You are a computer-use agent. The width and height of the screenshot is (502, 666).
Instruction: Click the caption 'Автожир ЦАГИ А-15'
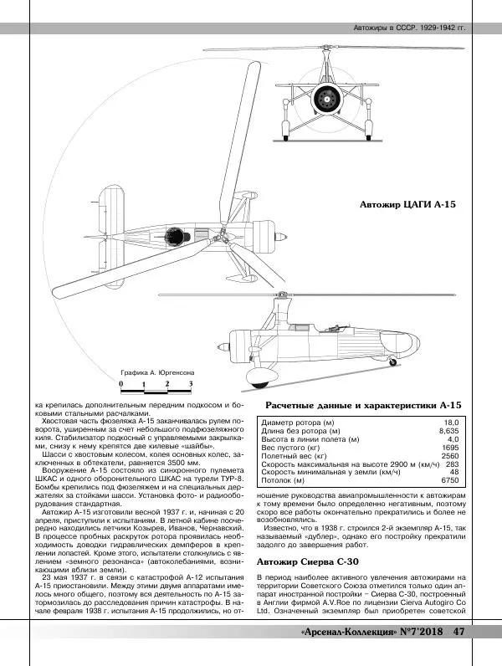click(412, 203)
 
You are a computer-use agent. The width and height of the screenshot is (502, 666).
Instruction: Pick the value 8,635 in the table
click(449, 431)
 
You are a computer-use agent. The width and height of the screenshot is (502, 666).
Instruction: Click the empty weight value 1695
click(450, 448)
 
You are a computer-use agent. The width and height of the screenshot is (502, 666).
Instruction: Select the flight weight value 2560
click(450, 456)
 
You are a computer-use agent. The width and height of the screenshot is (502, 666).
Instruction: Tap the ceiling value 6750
click(450, 481)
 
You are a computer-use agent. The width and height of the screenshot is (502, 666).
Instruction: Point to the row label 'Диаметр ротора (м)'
click(298, 423)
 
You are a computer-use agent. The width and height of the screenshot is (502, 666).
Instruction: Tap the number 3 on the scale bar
click(191, 383)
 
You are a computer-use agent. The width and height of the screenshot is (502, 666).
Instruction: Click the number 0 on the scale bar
click(122, 383)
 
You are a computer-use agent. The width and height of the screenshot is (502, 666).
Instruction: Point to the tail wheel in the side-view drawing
click(393, 361)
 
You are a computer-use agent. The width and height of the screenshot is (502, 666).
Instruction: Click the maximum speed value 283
click(453, 464)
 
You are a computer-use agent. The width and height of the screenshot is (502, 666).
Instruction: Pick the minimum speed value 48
click(455, 473)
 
